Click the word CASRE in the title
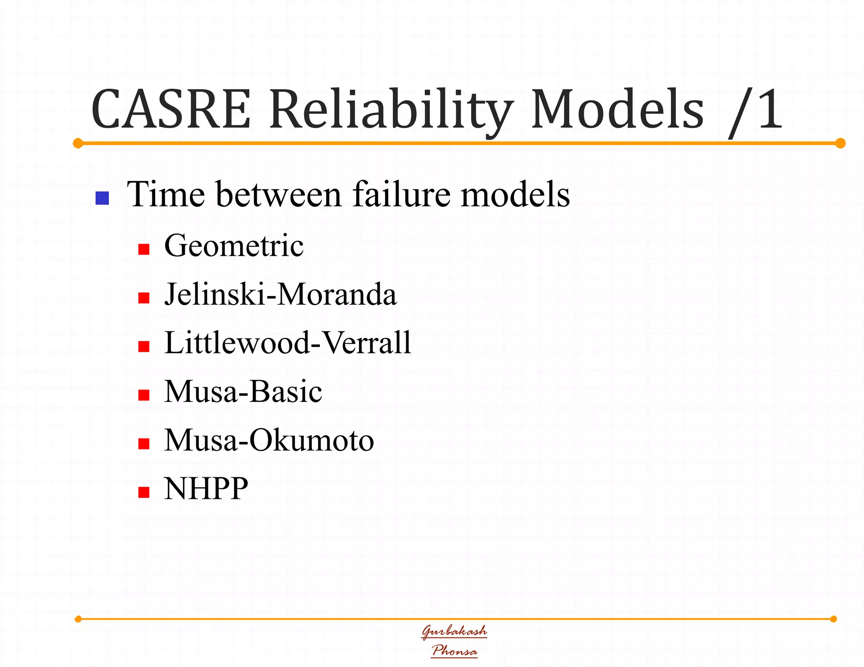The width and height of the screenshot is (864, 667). pyautogui.click(x=171, y=109)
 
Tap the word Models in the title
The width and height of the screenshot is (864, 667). pyautogui.click(x=617, y=109)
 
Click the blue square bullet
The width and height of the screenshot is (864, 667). pyautogui.click(x=102, y=198)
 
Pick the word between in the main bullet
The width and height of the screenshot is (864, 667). pyautogui.click(x=278, y=194)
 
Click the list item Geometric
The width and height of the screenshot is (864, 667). pyautogui.click(x=234, y=245)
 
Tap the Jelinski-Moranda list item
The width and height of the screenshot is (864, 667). pyautogui.click(x=280, y=294)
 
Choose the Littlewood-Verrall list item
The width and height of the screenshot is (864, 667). pyautogui.click(x=287, y=342)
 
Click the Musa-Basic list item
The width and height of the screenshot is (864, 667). pyautogui.click(x=243, y=391)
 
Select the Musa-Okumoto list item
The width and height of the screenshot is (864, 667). pyautogui.click(x=269, y=440)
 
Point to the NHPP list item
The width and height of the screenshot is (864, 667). pyautogui.click(x=206, y=488)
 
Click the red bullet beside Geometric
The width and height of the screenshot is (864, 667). pyautogui.click(x=144, y=249)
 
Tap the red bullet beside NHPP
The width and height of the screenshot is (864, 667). pyautogui.click(x=144, y=492)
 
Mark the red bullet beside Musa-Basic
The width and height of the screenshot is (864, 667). pyautogui.click(x=144, y=395)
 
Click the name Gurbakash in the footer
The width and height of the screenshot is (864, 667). pyautogui.click(x=454, y=631)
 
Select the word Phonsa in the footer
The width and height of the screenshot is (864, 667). pyautogui.click(x=454, y=651)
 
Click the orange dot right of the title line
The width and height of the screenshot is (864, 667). pyautogui.click(x=840, y=143)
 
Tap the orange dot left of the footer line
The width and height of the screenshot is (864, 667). pyautogui.click(x=78, y=619)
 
